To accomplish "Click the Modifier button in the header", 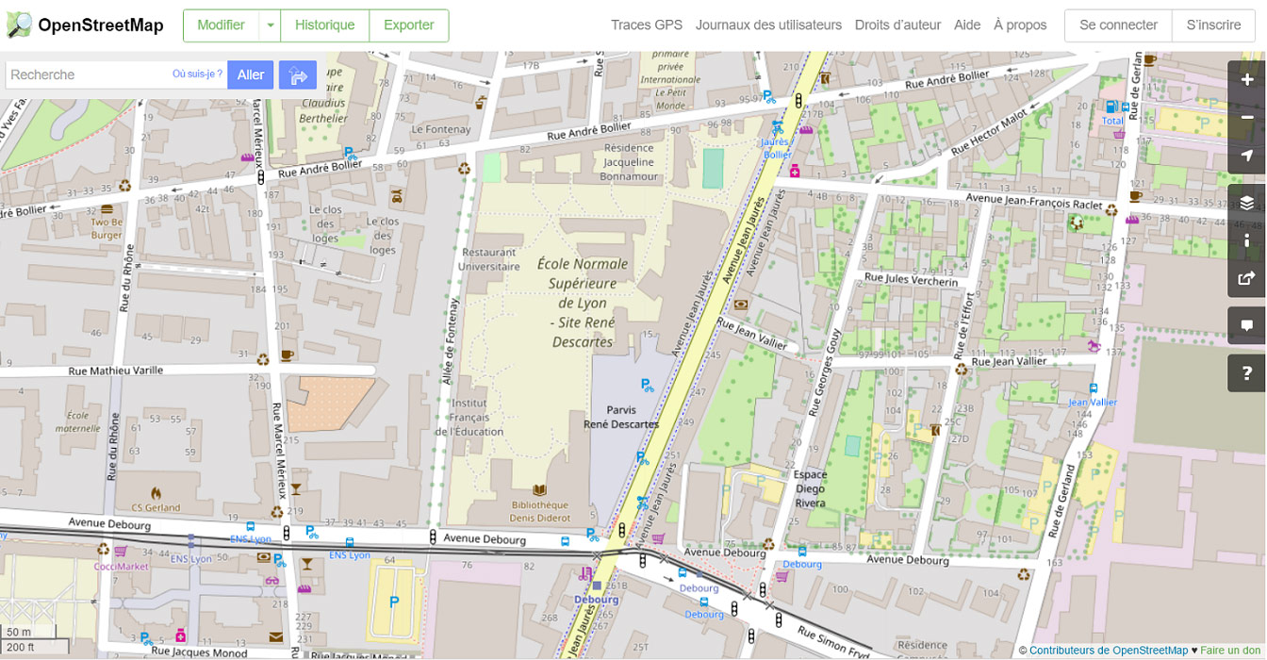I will (221, 25).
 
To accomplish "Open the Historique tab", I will (324, 25).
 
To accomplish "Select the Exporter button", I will (408, 25).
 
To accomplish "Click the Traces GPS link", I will (646, 25).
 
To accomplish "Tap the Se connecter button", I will (1118, 25).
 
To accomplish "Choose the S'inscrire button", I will (1213, 25).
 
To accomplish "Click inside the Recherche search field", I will (85, 74).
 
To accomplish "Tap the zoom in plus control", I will (1246, 80).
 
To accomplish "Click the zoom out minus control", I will (1246, 118).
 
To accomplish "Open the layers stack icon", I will (1246, 203).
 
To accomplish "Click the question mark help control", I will (1246, 373).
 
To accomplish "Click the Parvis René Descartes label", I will (621, 417).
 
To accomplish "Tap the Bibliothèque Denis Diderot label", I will (541, 511).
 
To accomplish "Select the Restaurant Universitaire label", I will (488, 259).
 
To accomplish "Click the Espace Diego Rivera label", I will (810, 488).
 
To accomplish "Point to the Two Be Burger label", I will (107, 228).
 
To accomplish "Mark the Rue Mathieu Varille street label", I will (116, 371).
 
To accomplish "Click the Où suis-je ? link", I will (197, 74).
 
